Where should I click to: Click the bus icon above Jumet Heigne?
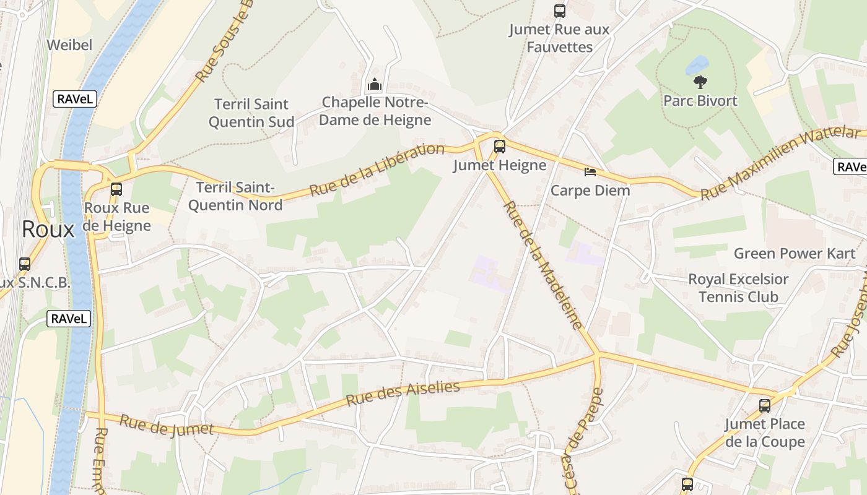coord(500,147)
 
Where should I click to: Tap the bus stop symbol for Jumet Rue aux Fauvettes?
coord(560,11)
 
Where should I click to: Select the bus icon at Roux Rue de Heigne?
coord(116,189)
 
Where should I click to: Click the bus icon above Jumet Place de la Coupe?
coord(765,406)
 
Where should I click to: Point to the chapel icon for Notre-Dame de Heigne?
coord(374,84)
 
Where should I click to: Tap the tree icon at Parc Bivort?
coord(700,82)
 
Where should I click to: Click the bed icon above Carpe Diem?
coord(590,171)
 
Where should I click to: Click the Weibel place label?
coord(69,45)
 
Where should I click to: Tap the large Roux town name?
coord(48,230)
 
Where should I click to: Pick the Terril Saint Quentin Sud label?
coord(251,113)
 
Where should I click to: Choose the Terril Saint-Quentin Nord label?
coord(235,196)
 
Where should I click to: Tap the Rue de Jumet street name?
coord(167,425)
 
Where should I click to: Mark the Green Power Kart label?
coord(795,253)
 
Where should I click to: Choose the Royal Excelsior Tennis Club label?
coord(738,288)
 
